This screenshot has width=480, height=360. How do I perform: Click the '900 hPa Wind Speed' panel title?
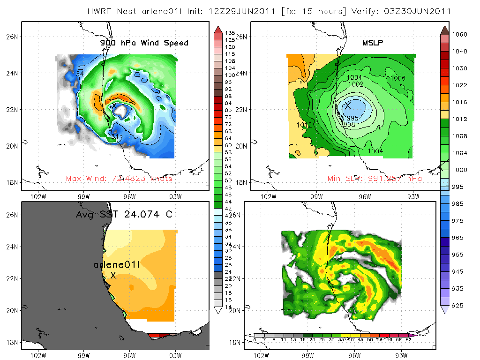[144, 43]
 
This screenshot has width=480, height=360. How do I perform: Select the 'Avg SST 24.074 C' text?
[124, 215]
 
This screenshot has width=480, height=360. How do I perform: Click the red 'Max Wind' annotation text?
[119, 179]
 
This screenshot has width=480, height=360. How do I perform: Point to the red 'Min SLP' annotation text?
[375, 179]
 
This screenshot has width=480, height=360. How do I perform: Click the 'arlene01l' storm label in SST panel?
[117, 265]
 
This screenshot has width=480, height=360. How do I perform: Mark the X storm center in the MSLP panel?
[348, 105]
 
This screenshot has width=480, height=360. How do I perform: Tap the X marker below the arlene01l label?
[113, 276]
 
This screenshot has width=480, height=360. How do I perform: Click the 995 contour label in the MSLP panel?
[352, 118]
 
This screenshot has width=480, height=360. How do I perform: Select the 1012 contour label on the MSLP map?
[305, 125]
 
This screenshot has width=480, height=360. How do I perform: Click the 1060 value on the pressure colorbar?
[459, 34]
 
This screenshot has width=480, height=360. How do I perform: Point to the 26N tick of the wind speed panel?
[13, 37]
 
